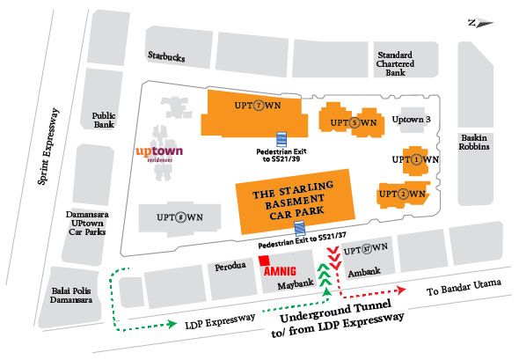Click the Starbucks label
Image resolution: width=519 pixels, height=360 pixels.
[166, 57]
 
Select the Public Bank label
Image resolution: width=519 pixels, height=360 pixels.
[103, 120]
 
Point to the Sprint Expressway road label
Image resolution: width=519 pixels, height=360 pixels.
[44, 146]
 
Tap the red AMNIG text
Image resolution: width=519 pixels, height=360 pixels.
[287, 269]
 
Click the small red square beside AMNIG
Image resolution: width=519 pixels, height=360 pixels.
[265, 261]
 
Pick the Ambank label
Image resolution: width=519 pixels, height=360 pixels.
[362, 273]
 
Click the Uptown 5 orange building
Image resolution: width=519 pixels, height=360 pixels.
[350, 121]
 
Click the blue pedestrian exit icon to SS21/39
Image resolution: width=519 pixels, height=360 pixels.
[282, 139]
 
